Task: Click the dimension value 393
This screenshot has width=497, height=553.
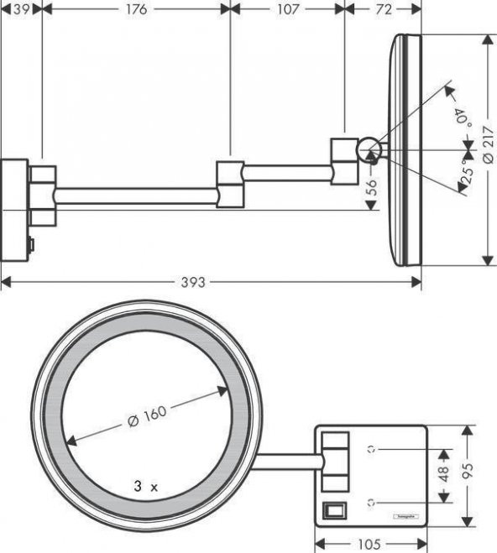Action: click(193, 283)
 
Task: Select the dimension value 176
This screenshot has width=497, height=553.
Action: click(135, 9)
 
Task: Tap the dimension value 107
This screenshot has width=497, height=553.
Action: click(287, 9)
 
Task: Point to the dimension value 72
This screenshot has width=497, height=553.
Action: click(383, 9)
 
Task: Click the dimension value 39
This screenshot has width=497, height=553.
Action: click(19, 9)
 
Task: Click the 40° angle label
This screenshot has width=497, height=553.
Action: click(460, 116)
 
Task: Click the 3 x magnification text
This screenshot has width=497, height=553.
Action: click(145, 486)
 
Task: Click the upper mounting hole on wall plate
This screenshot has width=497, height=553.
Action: click(370, 449)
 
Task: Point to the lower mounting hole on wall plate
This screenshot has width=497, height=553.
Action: click(370, 502)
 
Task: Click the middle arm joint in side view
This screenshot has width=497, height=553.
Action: click(230, 183)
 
